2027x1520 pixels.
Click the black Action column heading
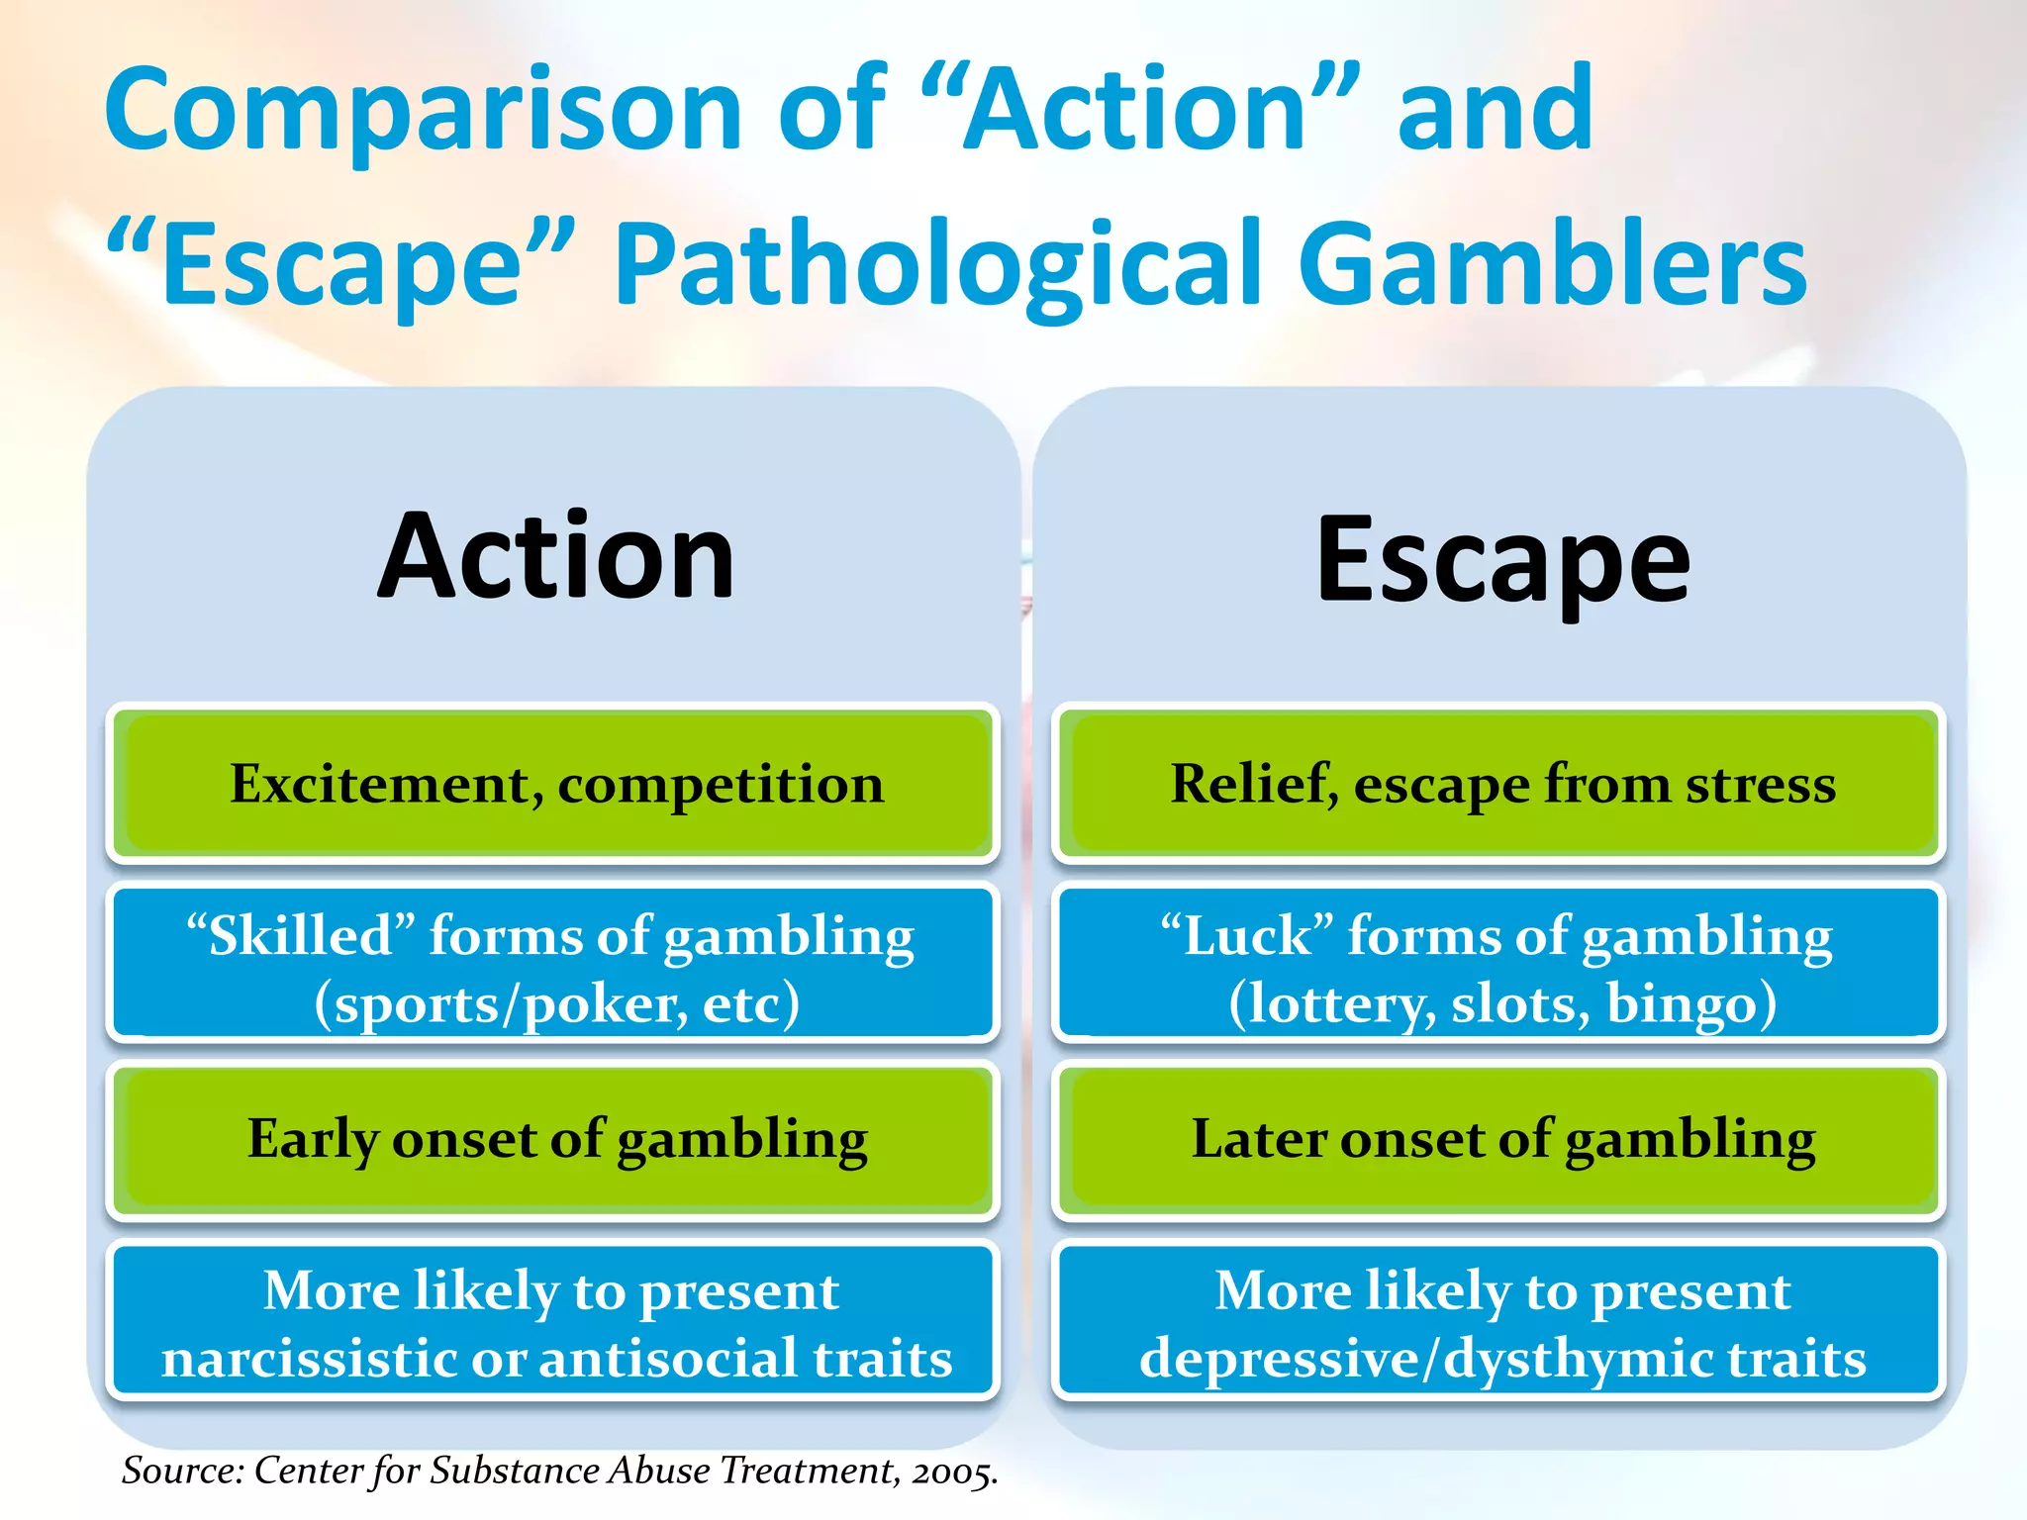click(x=556, y=556)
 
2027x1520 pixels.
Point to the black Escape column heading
click(x=1502, y=561)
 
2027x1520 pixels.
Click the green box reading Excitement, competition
click(x=553, y=784)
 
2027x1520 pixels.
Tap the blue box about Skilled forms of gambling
click(x=553, y=963)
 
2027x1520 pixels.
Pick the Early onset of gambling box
click(x=553, y=1140)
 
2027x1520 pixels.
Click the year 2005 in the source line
click(x=953, y=1472)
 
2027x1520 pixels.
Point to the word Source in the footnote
click(x=182, y=1471)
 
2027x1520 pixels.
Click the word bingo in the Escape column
click(x=1690, y=1004)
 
